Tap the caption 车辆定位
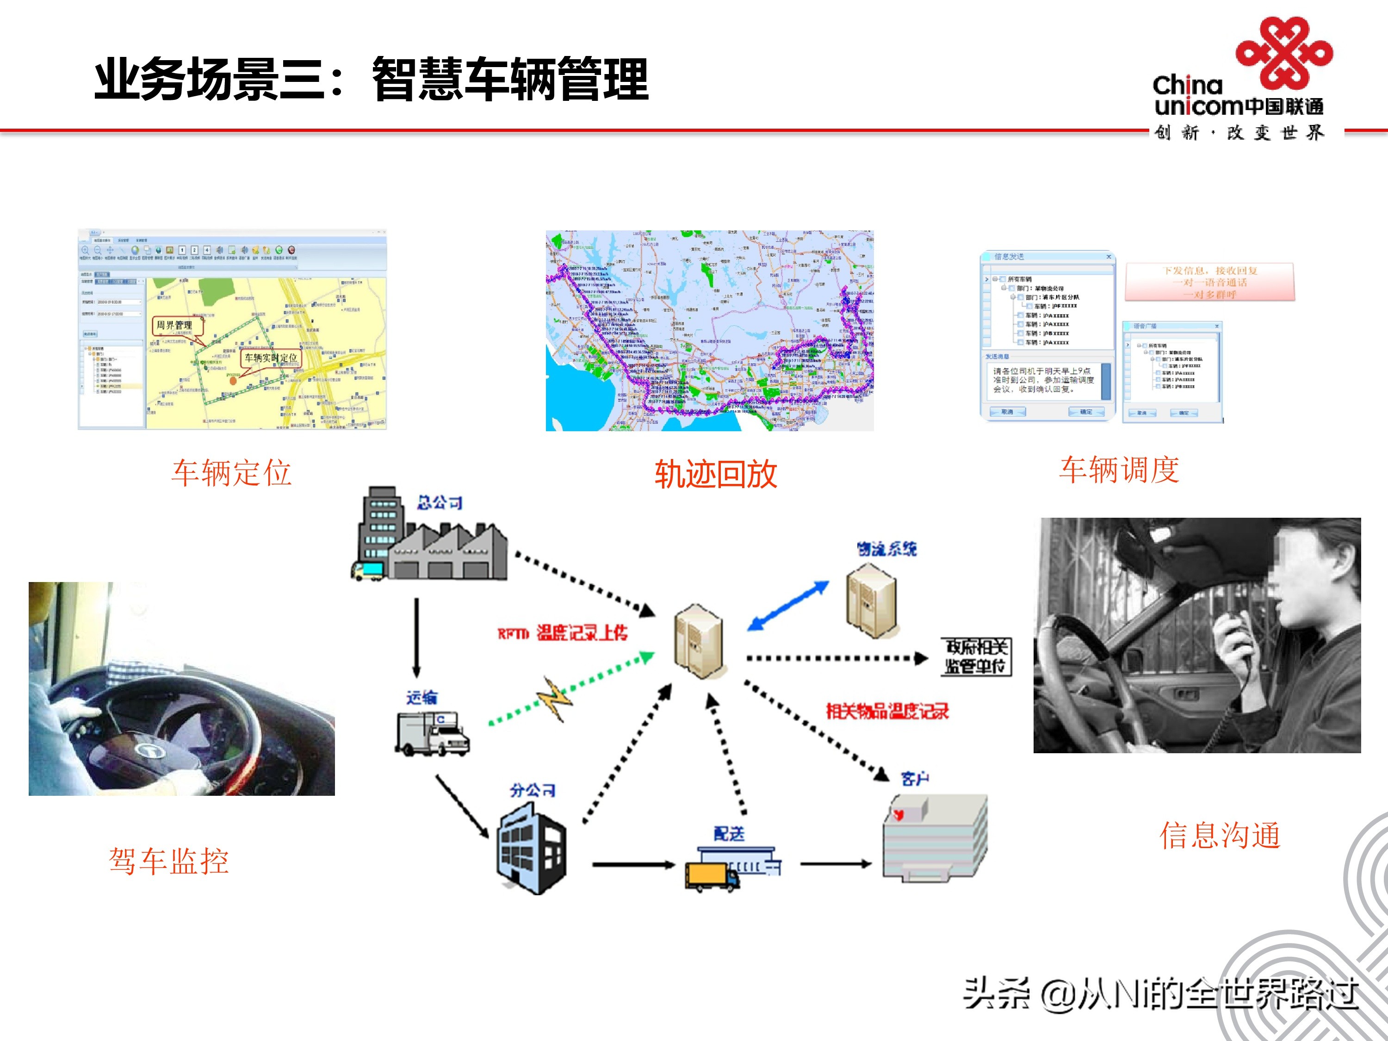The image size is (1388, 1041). pos(231,472)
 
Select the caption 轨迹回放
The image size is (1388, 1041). pos(715,474)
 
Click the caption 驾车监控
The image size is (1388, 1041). pos(169,861)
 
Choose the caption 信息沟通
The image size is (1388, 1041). pos(1219,835)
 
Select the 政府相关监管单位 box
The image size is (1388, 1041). pos(976,657)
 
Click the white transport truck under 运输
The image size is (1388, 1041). pos(432,733)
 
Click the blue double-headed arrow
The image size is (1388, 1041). pos(787,606)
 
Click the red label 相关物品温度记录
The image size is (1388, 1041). pos(886,711)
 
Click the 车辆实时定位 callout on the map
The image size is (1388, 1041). pos(271,358)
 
